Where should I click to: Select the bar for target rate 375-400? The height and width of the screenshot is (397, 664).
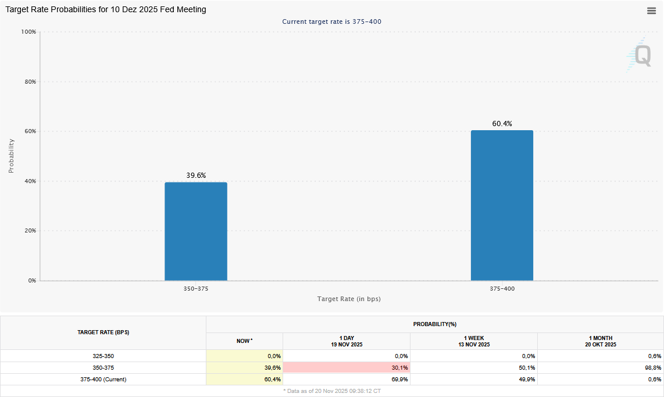point(502,206)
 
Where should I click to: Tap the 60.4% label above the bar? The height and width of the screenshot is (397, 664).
point(502,124)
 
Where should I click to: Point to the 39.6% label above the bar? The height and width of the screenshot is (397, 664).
point(196,176)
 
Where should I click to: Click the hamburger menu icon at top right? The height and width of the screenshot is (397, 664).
point(652,10)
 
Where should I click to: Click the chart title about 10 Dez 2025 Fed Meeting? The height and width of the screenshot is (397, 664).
point(106,10)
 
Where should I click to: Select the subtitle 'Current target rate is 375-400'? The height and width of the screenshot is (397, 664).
point(331,22)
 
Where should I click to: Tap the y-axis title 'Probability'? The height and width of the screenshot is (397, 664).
point(11,156)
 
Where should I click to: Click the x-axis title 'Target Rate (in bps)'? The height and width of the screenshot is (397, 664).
point(349,299)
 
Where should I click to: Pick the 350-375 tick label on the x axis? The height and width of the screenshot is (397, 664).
point(196,289)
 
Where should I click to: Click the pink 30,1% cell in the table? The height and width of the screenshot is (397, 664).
point(347,368)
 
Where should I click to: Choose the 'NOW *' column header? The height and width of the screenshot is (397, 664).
point(244,341)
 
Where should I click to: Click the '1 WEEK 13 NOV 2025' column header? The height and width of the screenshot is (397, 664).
point(473,341)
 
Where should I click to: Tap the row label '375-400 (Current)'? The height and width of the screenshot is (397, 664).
point(103,380)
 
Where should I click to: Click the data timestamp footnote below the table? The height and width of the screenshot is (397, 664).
point(332,391)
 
